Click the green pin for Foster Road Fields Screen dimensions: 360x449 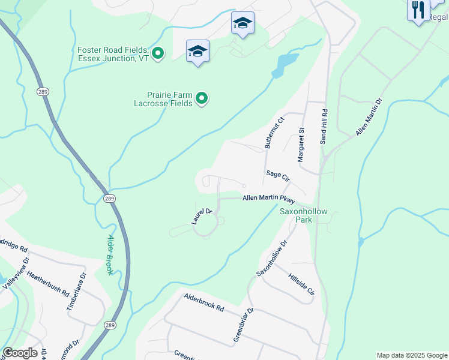[x=158, y=54]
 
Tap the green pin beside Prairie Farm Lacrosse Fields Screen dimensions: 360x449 [x=202, y=98]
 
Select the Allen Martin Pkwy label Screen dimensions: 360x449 [x=269, y=199]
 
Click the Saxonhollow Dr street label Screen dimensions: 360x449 [x=273, y=259]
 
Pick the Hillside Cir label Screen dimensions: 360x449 [x=301, y=285]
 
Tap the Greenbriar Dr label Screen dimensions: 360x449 [x=243, y=326]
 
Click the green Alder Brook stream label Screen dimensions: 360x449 [x=110, y=254]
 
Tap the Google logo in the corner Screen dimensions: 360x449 [x=20, y=353]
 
